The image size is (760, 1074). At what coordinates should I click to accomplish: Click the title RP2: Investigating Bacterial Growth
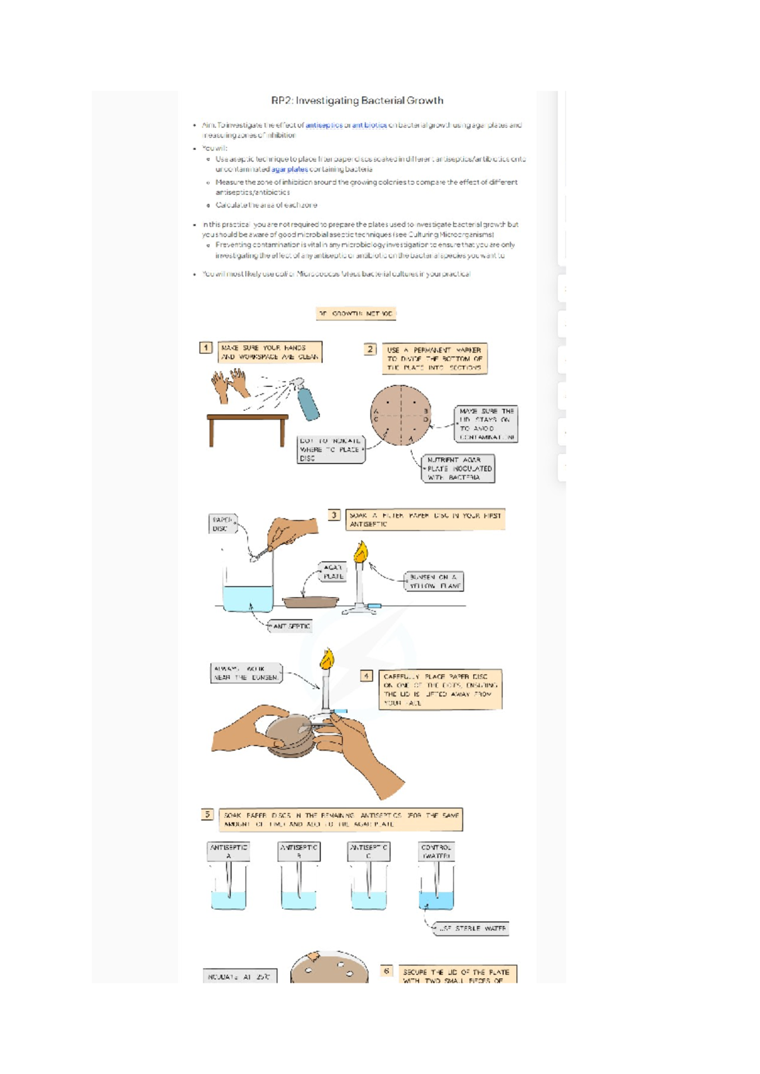pos(357,101)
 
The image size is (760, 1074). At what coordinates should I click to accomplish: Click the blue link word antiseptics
pos(324,125)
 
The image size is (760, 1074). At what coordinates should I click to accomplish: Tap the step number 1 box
pos(206,348)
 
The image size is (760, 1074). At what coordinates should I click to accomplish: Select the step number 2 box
pos(370,349)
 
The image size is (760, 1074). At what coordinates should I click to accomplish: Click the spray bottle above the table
pos(308,403)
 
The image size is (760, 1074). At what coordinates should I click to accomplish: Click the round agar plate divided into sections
pos(401,415)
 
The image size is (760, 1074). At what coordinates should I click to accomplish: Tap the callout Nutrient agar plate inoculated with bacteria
pos(458,469)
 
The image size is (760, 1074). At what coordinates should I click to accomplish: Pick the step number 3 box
pos(334,515)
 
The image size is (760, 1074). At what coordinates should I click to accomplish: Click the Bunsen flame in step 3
pos(360,552)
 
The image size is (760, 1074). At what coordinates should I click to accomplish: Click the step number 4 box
pos(366,676)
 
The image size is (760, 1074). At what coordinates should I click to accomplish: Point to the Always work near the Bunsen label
pos(246,673)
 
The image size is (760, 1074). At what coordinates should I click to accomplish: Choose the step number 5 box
pos(207,815)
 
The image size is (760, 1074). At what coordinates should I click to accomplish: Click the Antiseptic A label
pos(229,851)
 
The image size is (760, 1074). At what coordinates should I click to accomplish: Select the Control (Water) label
pos(436,851)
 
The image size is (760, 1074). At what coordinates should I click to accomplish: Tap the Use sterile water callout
pos(471,928)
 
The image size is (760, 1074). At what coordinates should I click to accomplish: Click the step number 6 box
pos(386,971)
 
